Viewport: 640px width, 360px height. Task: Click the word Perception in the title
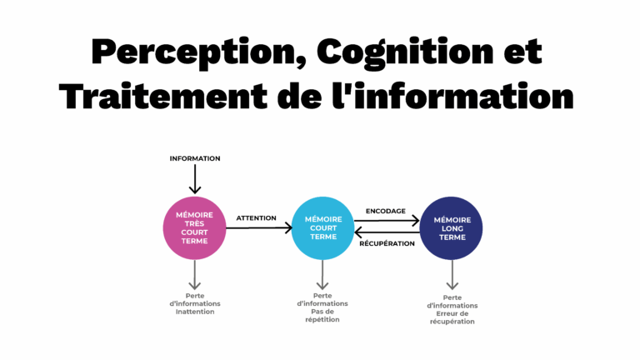pyautogui.click(x=192, y=52)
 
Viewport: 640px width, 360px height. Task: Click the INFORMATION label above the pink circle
pyautogui.click(x=195, y=158)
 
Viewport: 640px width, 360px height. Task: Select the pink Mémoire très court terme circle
pyautogui.click(x=195, y=227)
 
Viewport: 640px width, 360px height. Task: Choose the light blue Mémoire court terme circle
pyautogui.click(x=322, y=227)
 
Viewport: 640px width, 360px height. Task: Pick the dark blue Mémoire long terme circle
pyautogui.click(x=452, y=227)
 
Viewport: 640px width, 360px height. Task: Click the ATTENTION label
pyautogui.click(x=256, y=218)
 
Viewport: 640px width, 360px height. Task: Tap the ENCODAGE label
pyautogui.click(x=386, y=211)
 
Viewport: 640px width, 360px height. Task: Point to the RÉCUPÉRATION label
pyautogui.click(x=387, y=243)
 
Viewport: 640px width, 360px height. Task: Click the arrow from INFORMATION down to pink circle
pyautogui.click(x=195, y=178)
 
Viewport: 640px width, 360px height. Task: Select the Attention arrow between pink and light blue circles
pyautogui.click(x=258, y=227)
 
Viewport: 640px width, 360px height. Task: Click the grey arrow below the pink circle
pyautogui.click(x=195, y=274)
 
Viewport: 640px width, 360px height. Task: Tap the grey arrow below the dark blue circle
pyautogui.click(x=452, y=274)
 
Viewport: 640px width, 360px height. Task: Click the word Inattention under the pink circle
pyautogui.click(x=195, y=312)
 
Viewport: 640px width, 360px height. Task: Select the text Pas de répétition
pyautogui.click(x=322, y=316)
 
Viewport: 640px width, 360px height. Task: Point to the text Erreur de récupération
pyautogui.click(x=452, y=317)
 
